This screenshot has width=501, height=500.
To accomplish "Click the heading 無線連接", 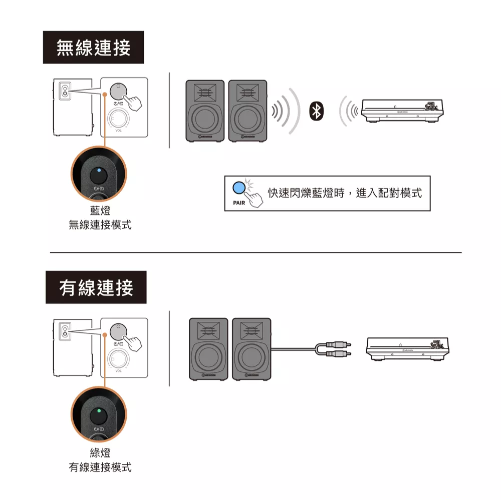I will coord(93,48).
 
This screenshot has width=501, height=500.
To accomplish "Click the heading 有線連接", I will coord(96,288).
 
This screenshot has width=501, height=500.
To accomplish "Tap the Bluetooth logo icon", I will coord(316,111).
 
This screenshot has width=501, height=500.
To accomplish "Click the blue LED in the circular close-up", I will coord(99,171).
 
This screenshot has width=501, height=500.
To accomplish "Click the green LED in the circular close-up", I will coord(99,411).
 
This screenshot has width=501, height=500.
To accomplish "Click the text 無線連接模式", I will coord(100,225).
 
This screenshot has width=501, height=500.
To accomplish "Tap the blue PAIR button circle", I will coord(239,188).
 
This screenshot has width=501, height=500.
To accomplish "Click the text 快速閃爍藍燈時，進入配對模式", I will coord(345,193).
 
